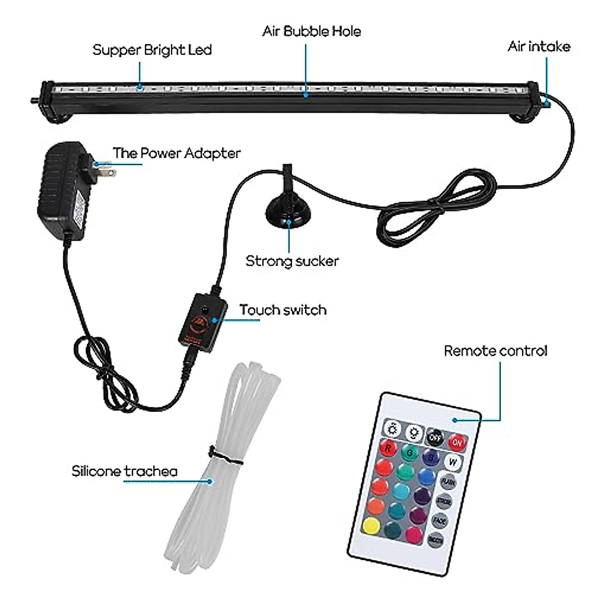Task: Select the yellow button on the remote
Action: pyautogui.click(x=371, y=525)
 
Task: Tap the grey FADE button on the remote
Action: pyautogui.click(x=440, y=520)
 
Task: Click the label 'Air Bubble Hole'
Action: pyautogui.click(x=311, y=32)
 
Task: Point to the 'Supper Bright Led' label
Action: pyautogui.click(x=152, y=50)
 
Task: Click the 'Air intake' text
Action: pyautogui.click(x=539, y=46)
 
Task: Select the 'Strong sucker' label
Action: pyautogui.click(x=292, y=261)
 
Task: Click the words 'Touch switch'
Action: pyautogui.click(x=283, y=310)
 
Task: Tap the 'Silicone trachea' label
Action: pyautogui.click(x=125, y=471)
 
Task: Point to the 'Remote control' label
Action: pyautogui.click(x=496, y=351)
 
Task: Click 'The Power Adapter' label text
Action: pyautogui.click(x=176, y=153)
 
